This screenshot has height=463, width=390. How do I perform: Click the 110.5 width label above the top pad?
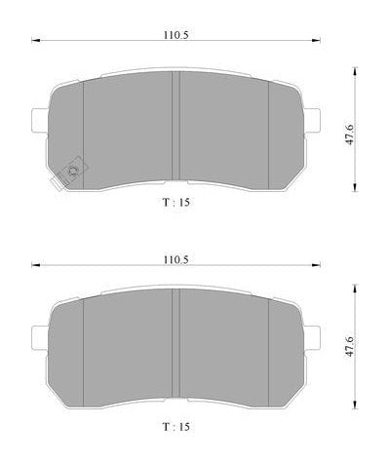pos(175,35)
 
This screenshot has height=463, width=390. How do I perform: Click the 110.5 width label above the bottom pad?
pos(175,259)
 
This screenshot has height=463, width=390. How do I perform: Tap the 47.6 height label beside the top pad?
pos(350,134)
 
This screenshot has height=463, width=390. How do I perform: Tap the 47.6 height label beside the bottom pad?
pos(350,346)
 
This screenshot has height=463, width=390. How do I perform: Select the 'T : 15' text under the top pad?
pos(175,202)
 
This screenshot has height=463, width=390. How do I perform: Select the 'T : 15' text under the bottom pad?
pos(175,426)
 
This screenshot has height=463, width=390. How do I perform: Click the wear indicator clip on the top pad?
pos(69,173)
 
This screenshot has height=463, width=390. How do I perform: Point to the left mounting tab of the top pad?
pos(40,120)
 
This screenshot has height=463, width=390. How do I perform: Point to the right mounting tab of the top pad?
pos(312,120)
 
